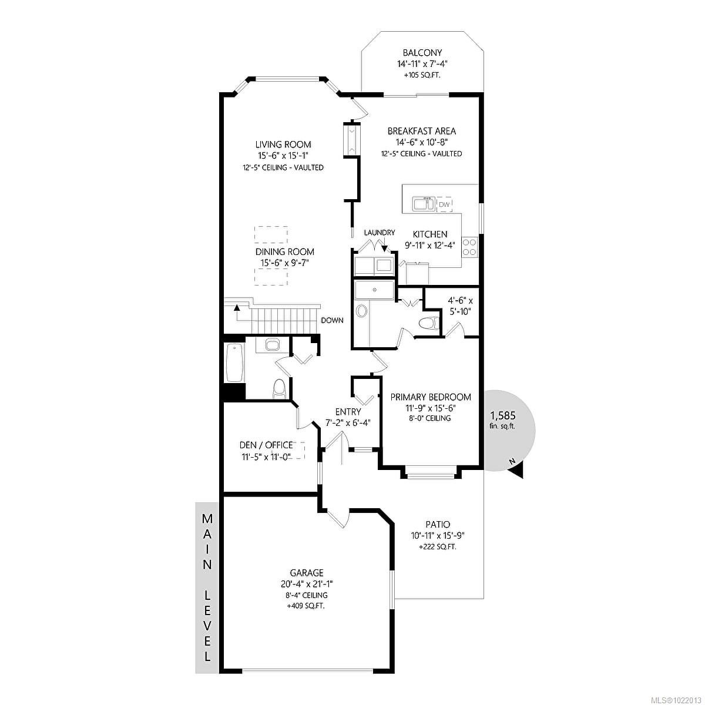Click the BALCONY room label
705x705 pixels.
click(x=422, y=52)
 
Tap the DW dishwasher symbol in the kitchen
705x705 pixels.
click(x=445, y=204)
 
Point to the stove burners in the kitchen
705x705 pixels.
click(x=469, y=246)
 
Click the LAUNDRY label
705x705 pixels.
click(x=380, y=233)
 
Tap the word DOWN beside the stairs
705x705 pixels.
click(x=332, y=320)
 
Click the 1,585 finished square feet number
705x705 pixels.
click(x=502, y=415)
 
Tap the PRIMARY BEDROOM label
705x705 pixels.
click(x=431, y=397)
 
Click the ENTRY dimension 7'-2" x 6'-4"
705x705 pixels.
click(x=348, y=422)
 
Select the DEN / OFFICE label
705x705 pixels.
click(x=266, y=445)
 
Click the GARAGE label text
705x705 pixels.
click(x=306, y=573)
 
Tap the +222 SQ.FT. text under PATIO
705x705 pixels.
click(x=438, y=546)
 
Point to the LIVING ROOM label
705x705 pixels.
click(x=283, y=145)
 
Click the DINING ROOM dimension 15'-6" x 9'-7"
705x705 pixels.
click(x=284, y=263)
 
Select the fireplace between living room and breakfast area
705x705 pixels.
click(x=351, y=139)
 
